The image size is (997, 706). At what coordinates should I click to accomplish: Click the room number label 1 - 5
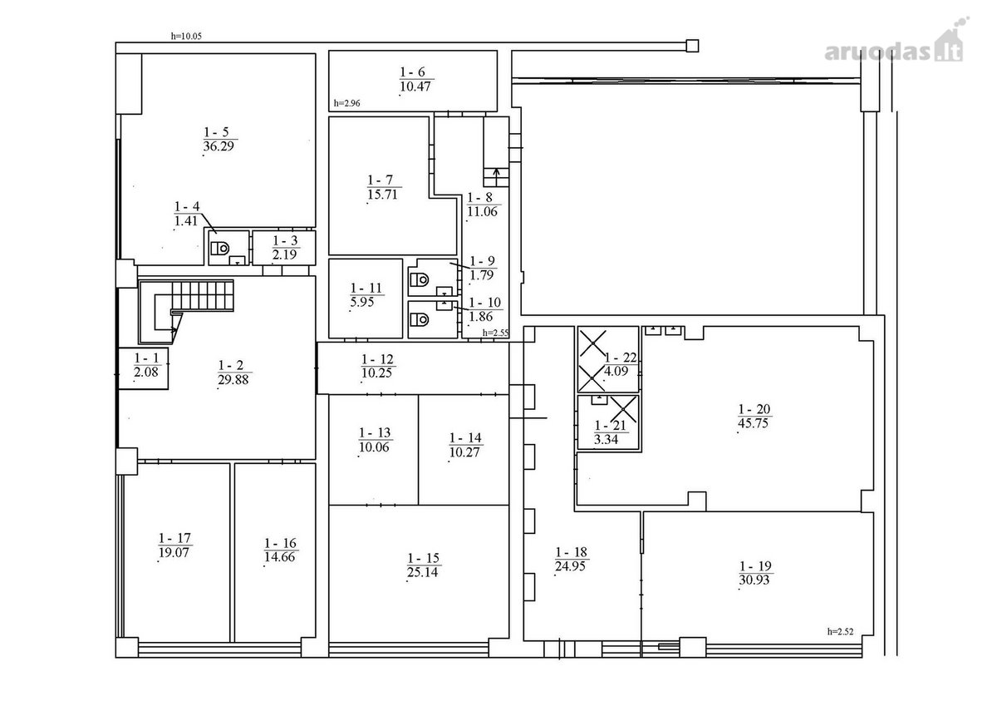(216, 132)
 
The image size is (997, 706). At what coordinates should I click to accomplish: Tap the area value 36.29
(218, 146)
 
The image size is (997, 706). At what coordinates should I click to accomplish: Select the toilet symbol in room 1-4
(220, 248)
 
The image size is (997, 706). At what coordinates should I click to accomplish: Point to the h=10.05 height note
(186, 36)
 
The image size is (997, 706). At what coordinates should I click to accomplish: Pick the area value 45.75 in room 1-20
(753, 422)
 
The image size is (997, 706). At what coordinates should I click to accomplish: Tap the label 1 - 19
(755, 566)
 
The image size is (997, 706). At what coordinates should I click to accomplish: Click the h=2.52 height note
(840, 631)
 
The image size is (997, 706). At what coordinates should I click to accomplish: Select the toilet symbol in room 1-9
(420, 279)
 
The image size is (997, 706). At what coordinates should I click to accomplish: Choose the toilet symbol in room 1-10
(420, 319)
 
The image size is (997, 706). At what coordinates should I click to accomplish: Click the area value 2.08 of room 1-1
(146, 372)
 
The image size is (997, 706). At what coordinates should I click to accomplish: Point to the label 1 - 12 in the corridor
(377, 359)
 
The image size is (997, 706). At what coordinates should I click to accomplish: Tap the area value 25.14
(422, 572)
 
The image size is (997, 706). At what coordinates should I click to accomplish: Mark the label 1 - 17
(174, 538)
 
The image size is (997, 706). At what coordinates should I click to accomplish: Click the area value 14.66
(279, 557)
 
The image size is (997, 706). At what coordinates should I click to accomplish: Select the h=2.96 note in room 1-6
(346, 103)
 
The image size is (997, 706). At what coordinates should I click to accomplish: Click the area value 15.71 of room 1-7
(383, 195)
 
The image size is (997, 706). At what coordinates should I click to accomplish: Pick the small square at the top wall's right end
(692, 46)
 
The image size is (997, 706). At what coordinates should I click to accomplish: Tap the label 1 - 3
(285, 240)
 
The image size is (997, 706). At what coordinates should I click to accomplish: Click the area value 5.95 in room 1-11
(362, 302)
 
